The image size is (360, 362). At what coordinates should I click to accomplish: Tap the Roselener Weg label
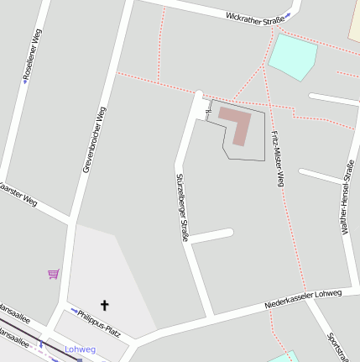[x=34, y=53]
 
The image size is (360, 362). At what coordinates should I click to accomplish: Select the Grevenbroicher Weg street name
[x=94, y=140]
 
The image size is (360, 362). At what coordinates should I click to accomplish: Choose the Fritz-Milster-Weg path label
[x=278, y=159]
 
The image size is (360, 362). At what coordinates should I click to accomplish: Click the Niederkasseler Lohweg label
[x=302, y=297]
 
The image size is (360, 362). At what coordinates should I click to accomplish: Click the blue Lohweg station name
[x=81, y=349]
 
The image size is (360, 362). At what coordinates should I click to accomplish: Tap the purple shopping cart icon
[x=54, y=273]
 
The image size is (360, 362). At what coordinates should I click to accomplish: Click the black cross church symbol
[x=105, y=306]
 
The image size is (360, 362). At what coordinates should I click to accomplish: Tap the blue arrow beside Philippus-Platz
[x=73, y=312]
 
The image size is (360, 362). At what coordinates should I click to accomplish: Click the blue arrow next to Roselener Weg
[x=25, y=82]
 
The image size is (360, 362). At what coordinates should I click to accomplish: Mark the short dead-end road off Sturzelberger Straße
[x=212, y=235]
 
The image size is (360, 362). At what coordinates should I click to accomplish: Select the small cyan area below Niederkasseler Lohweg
[x=284, y=358]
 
